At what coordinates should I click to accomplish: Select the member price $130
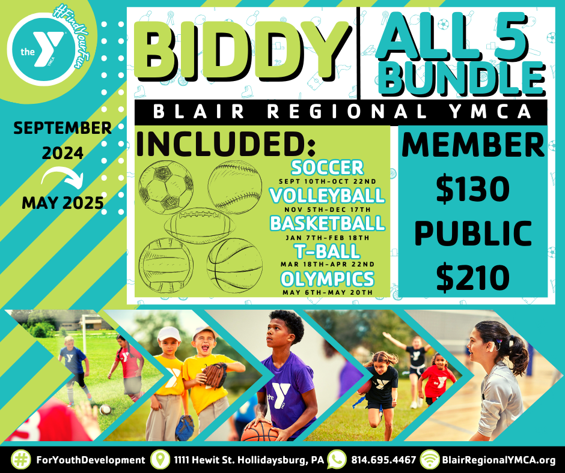click(473, 190)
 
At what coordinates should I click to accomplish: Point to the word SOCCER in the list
click(327, 167)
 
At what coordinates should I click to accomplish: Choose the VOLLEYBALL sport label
click(327, 195)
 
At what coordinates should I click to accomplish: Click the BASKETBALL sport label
click(327, 223)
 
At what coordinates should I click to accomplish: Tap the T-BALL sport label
click(327, 251)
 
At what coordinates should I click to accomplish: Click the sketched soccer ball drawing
click(166, 187)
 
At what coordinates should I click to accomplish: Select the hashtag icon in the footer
click(21, 460)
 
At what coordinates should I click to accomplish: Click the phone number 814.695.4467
click(383, 460)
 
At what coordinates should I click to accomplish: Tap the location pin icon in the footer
click(160, 460)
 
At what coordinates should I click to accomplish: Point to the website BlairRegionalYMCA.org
click(498, 460)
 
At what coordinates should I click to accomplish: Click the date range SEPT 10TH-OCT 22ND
click(327, 181)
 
